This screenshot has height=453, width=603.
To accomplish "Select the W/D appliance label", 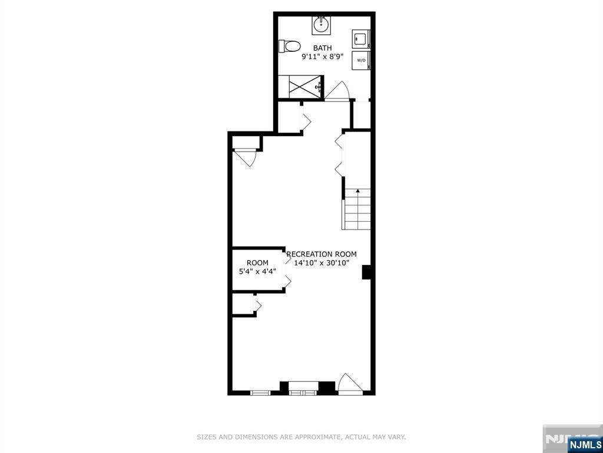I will [x=360, y=60].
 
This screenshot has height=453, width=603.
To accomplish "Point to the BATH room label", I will [x=322, y=48].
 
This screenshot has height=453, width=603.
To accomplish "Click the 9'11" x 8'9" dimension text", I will [x=322, y=57].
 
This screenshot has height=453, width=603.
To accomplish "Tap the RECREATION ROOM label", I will [x=322, y=254].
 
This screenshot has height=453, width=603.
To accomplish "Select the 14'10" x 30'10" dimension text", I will [x=322, y=263].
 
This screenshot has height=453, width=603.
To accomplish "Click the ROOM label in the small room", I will [x=257, y=263].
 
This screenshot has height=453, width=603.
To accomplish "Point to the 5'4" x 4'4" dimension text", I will [x=257, y=272].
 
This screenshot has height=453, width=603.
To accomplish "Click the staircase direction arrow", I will [x=357, y=191].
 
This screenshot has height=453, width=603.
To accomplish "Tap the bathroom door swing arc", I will [x=339, y=91].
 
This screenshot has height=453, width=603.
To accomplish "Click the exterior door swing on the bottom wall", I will [x=350, y=383].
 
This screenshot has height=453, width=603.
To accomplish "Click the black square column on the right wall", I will [x=366, y=272].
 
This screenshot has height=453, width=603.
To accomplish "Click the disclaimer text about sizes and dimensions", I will [x=301, y=437].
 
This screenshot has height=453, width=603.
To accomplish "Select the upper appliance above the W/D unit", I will [x=360, y=40].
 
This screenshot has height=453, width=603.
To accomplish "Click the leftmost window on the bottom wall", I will [x=260, y=392].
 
